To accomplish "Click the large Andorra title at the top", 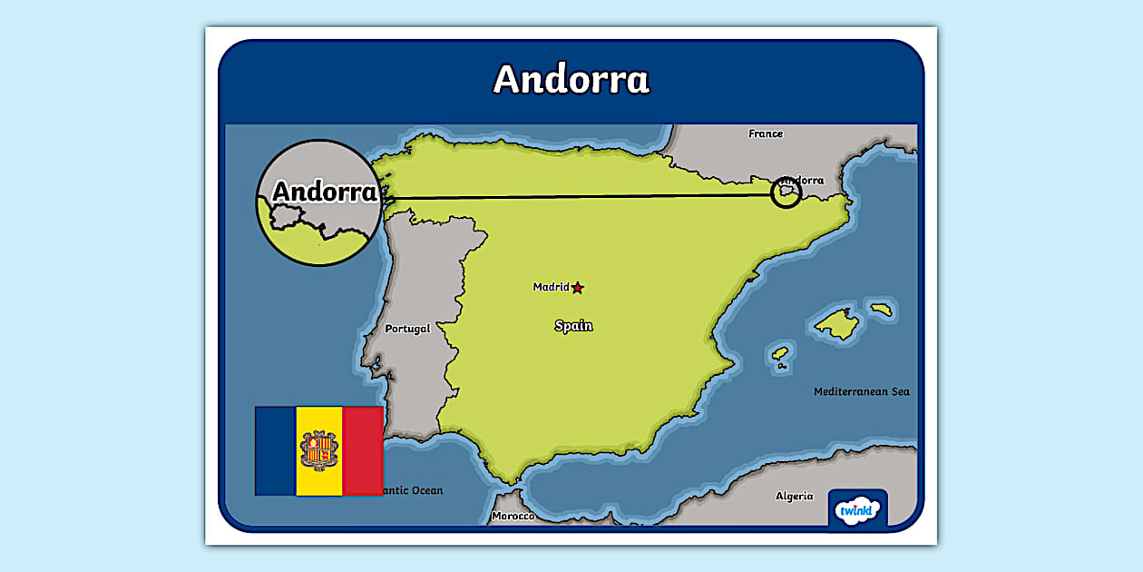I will click(571, 79).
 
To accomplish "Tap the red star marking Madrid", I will click(578, 288).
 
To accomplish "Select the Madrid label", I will click(551, 287).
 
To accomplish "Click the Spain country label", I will click(573, 325).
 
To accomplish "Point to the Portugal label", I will click(407, 329).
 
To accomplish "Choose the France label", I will click(766, 133).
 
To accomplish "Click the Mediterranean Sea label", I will click(861, 391).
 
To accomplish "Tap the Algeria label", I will click(794, 496).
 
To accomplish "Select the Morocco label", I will click(513, 516).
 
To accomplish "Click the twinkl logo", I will click(857, 509).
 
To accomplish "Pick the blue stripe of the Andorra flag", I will click(276, 450).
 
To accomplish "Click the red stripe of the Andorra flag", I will click(363, 450).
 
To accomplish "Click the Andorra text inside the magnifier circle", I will click(324, 192).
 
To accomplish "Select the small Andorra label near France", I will click(803, 181).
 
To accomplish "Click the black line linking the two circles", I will click(581, 196).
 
